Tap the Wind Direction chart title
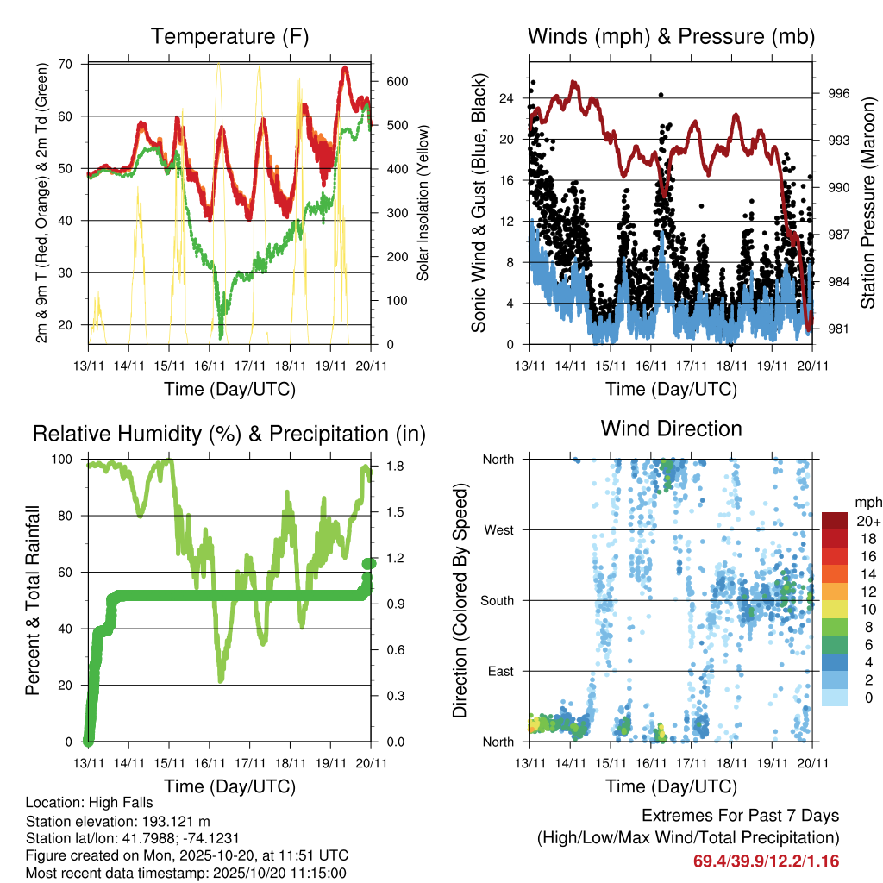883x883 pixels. pos(671,429)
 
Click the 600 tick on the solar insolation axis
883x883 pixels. pos(396,81)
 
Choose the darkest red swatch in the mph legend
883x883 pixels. pos(834,521)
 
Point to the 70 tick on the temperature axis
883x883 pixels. pos(65,64)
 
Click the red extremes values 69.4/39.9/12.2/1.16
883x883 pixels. pos(766,861)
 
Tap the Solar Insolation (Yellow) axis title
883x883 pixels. pos(423,202)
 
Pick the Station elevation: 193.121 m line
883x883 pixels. pos(118,821)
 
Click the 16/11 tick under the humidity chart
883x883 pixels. pos(210,763)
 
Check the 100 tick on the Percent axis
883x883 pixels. pos(64,460)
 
